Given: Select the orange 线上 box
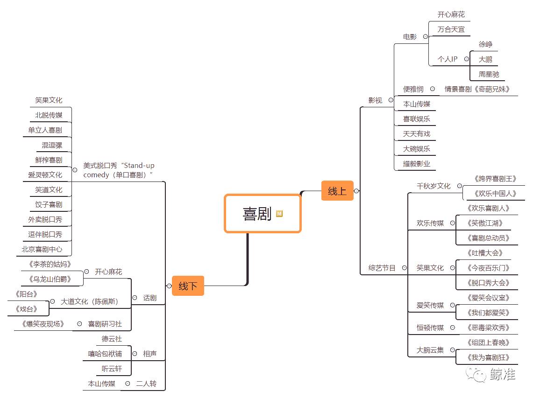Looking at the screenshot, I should point(337,191).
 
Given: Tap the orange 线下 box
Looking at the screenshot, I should point(188,286).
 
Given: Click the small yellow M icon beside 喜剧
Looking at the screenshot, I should point(279,214).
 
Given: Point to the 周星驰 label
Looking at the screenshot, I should point(489,74).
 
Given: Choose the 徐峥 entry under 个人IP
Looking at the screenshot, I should point(485,44).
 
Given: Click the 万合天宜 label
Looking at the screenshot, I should point(451,29).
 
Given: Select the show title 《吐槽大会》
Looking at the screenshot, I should point(484,253).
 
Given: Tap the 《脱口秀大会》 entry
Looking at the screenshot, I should point(488,283).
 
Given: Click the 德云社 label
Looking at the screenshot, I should point(112,339).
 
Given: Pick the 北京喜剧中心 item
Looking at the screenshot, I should point(42,249).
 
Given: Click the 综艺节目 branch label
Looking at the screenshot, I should point(382,268).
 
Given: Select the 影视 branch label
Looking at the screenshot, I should point(375,100).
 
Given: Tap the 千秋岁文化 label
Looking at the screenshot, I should point(434,186).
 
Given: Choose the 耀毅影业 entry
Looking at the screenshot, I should point(417,164).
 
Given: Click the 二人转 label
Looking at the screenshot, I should point(146,384).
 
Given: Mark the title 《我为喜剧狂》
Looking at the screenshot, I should point(488,358).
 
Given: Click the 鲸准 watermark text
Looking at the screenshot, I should point(503,374).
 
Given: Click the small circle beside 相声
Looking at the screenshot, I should point(134,354).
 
